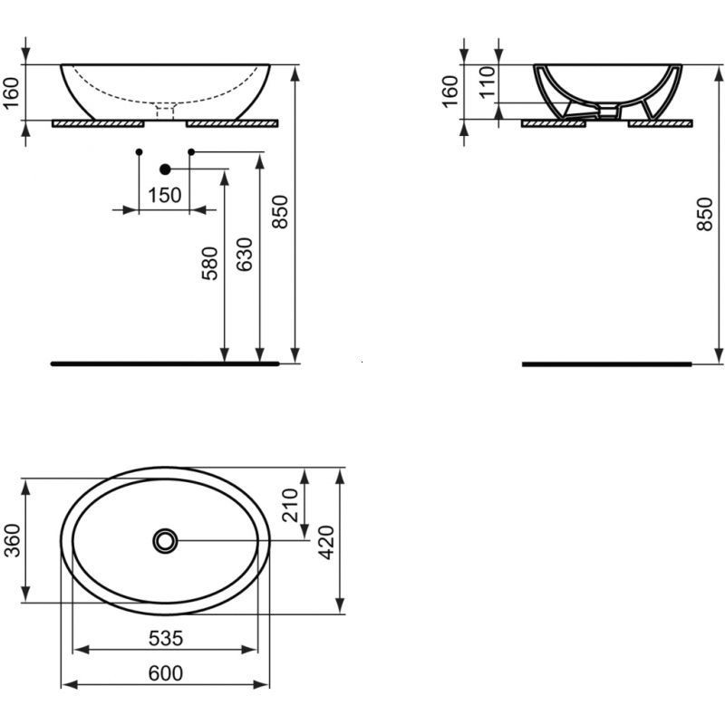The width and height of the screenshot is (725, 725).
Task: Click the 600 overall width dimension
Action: [x=165, y=672]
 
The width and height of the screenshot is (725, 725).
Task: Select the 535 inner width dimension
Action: [x=165, y=638]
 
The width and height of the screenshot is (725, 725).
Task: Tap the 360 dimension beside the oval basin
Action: [x=14, y=540]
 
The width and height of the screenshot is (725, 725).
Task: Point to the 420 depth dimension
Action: [x=328, y=540]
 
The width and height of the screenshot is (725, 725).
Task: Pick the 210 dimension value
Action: [x=290, y=505]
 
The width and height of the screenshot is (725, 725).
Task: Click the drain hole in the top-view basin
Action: [x=164, y=541]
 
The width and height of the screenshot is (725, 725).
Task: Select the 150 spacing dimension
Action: [x=164, y=195]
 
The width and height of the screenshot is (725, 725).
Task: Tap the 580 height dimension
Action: [x=210, y=264]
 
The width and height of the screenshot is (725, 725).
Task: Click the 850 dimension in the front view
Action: [x=281, y=211]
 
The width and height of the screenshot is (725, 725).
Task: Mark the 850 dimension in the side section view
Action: [x=706, y=211]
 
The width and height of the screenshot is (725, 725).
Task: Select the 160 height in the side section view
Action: [x=449, y=92]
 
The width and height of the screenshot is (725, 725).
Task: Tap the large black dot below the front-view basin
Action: [x=165, y=169]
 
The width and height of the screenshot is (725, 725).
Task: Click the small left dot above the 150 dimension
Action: [x=139, y=150]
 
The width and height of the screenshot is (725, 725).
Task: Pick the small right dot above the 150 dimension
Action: [x=190, y=150]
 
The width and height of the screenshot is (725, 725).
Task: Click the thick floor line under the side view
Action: [x=607, y=364]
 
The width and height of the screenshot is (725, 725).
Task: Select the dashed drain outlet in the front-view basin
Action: [x=165, y=111]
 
